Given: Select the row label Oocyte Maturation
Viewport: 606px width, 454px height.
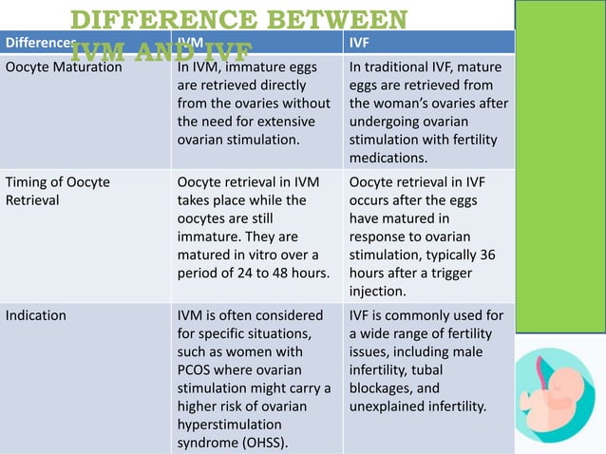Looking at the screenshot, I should tap(64, 67).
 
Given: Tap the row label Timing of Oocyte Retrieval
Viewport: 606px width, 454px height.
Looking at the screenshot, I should tap(58, 192).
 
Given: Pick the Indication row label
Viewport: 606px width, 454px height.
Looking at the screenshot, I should tap(36, 315).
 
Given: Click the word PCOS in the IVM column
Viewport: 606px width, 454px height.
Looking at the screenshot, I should tap(198, 369).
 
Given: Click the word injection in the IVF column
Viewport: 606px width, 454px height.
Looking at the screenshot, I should tap(379, 291).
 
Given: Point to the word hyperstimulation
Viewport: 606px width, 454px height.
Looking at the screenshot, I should tap(230, 425).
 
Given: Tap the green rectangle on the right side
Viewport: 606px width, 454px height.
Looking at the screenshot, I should tap(560, 171).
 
